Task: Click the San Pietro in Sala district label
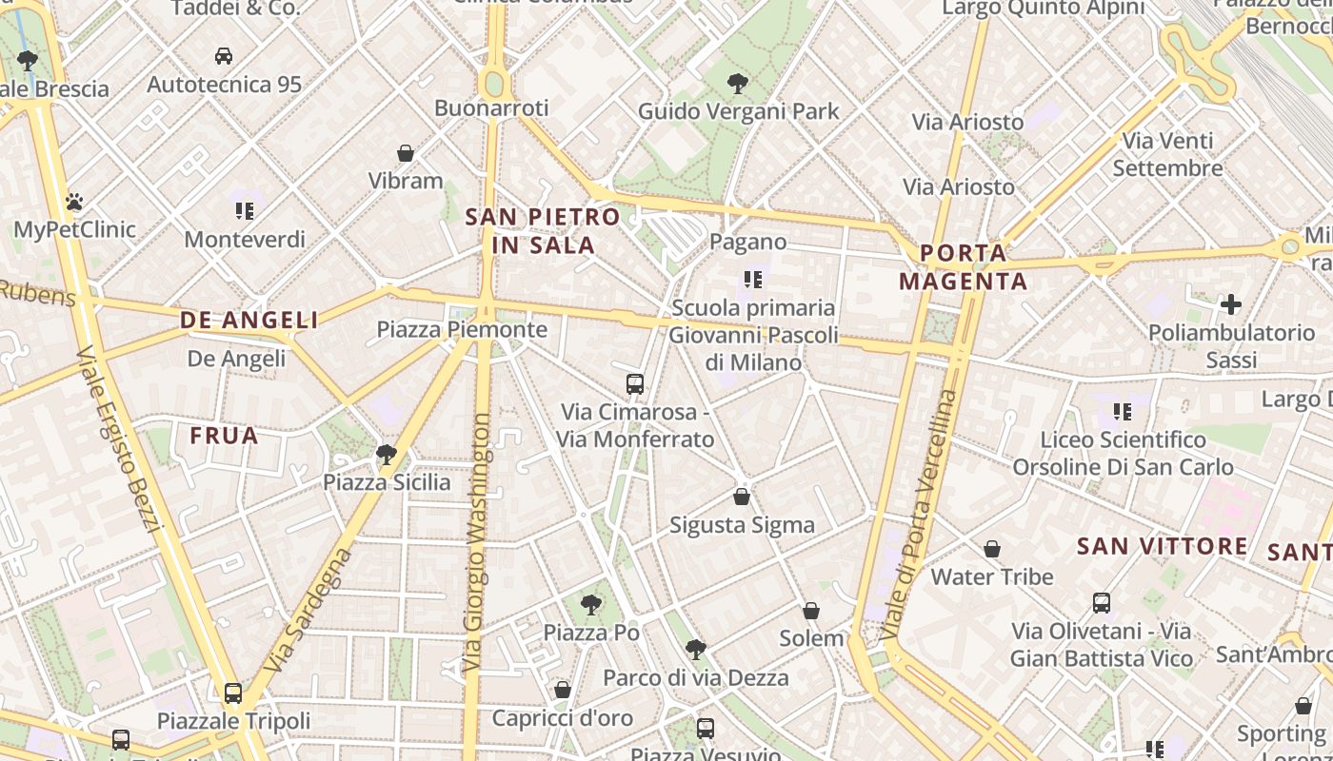[543, 230]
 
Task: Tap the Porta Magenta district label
[964, 267]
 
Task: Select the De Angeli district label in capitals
[249, 321]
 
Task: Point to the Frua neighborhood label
[224, 436]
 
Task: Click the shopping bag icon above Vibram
[406, 153]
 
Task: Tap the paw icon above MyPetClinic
[74, 202]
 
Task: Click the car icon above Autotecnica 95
[224, 56]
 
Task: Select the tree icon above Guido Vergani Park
[737, 84]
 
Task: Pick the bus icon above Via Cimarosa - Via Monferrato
[635, 384]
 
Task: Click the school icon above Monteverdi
[245, 210]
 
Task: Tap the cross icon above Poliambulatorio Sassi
[1231, 304]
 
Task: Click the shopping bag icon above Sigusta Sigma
[742, 497]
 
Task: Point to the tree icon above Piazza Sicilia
[386, 454]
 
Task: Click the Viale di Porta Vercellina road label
[919, 514]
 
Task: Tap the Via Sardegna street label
[307, 609]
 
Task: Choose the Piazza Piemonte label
[462, 330]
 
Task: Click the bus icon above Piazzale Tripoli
[233, 693]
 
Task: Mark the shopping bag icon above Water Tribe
[992, 549]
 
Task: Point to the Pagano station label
[748, 242]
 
